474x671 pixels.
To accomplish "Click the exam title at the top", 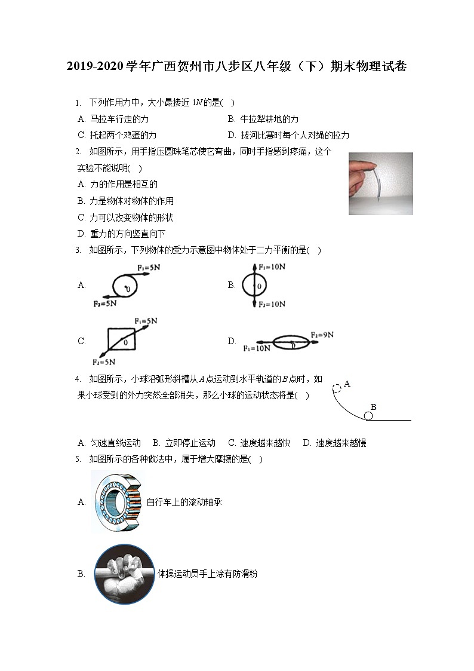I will pos(237,67).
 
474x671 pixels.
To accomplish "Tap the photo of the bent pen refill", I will pos(380,183).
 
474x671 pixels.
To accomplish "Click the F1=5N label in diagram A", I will pos(148,268).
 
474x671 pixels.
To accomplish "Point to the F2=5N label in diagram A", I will pos(104,304).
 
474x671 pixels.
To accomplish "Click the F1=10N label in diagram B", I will pos(272,266).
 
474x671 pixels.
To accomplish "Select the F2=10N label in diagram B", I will pos(272,304).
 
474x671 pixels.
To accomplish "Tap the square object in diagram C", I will pos(121,341).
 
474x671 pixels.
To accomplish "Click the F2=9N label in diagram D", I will pos(322,335).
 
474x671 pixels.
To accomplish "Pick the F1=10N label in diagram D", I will pos(256,348).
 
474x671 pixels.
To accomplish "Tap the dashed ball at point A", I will pos(337,388).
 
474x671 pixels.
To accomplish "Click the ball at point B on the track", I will pos(369,416).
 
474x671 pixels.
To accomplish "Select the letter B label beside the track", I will pos(373,406).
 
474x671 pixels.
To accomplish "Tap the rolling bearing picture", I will pos(118,502).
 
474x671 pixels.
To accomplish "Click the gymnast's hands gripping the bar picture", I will pos(125,574).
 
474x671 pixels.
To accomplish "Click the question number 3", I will pos(78,250).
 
